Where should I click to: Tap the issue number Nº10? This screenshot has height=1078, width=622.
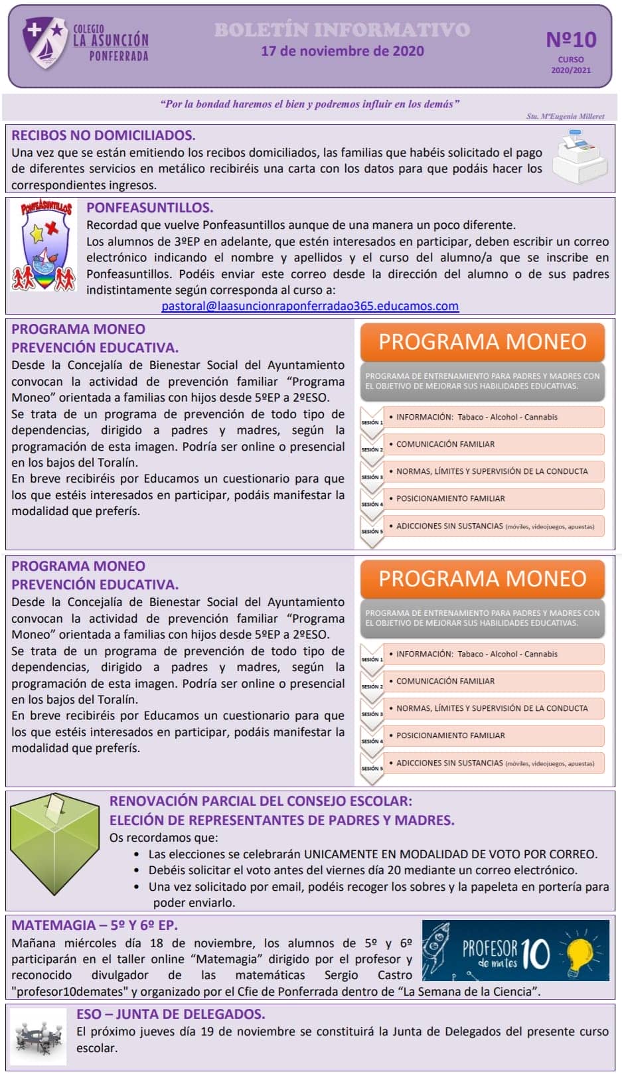tap(570, 40)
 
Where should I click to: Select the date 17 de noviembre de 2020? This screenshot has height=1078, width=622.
tap(342, 51)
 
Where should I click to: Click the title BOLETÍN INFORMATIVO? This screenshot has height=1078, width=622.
tap(342, 30)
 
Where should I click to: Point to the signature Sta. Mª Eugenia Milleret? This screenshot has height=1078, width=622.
tap(565, 116)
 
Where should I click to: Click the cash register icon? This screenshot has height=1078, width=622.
tap(580, 157)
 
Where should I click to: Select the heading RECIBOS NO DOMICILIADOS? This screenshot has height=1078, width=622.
tap(103, 135)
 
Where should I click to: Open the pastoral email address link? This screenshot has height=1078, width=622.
tap(310, 306)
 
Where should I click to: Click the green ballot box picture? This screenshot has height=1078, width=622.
tap(54, 843)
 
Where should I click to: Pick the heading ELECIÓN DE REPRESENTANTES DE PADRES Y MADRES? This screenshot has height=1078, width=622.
tap(281, 820)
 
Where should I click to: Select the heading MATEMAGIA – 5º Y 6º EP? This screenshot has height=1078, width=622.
tap(94, 925)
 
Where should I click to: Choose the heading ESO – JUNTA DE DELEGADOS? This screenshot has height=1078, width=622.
tap(171, 1014)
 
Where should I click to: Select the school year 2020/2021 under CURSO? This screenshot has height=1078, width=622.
tap(570, 70)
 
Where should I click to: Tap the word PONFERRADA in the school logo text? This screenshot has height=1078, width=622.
tap(119, 57)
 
